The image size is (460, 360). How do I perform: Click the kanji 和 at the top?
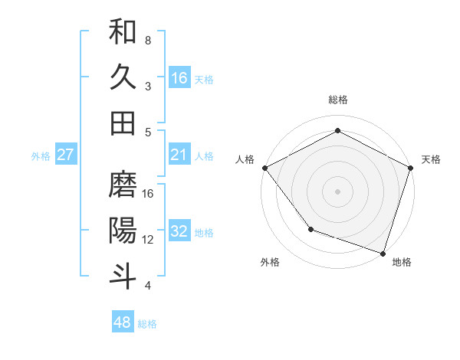[x=123, y=32]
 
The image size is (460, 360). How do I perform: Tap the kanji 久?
[x=123, y=77]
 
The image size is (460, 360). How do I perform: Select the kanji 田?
[x=123, y=123]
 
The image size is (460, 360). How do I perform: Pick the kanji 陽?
[x=123, y=231]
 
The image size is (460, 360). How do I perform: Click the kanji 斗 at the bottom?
[x=123, y=276]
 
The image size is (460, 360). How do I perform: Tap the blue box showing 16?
[x=179, y=77]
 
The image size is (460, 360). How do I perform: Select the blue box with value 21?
[x=179, y=155]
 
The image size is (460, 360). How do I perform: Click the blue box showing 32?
[x=179, y=231]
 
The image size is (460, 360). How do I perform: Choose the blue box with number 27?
[x=66, y=155]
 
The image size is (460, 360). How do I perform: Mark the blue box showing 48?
[x=123, y=322]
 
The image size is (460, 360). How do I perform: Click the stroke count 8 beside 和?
[x=147, y=40]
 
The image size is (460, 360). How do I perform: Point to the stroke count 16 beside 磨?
[x=148, y=194]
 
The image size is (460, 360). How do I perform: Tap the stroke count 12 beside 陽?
[x=148, y=240]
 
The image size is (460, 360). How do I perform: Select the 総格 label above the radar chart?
[x=337, y=100]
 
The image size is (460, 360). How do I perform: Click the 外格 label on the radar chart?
[x=270, y=263]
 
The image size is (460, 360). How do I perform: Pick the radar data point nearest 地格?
[x=383, y=252]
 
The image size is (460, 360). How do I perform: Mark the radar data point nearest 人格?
[x=264, y=167]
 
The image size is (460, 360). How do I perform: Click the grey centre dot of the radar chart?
[x=337, y=191]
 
